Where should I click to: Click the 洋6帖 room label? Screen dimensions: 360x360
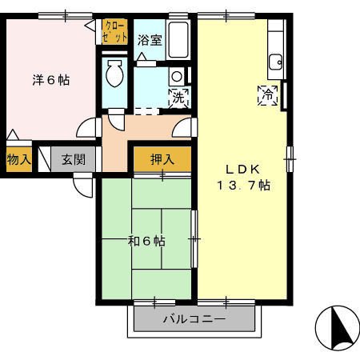pos(50,80)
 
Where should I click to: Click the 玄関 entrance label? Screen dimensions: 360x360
pos(74,159)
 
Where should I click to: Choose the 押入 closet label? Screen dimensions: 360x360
pos(162,159)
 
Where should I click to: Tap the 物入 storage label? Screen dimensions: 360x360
pos(18,159)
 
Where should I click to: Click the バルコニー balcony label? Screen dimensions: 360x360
pos(194,319)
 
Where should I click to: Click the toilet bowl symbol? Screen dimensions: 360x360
pos(114,76)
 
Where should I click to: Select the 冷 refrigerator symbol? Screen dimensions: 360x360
pos(267,94)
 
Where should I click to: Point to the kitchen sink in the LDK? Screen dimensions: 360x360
pos(276,59)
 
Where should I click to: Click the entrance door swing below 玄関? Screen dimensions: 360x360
pos(83,184)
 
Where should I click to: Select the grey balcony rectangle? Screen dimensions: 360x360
pos(194,322)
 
